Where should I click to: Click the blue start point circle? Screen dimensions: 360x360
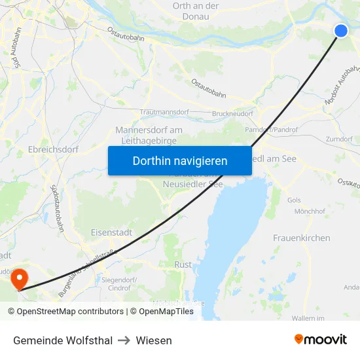(x=341, y=30)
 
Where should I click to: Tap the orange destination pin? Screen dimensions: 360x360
(x=19, y=278)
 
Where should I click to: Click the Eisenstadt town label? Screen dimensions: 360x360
(x=112, y=232)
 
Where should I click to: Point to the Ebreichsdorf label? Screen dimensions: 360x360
(x=54, y=149)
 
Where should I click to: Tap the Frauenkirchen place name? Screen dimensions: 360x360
(x=301, y=238)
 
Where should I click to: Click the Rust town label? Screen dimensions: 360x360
(x=183, y=264)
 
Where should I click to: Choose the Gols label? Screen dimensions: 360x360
(x=294, y=200)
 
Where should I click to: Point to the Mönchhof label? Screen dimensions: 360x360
(x=310, y=211)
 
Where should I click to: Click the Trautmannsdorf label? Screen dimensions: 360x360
(x=164, y=113)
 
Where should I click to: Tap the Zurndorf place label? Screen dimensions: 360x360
(x=339, y=139)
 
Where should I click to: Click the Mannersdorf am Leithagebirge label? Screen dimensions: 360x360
(x=149, y=135)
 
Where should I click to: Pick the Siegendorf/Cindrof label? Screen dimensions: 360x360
(x=120, y=284)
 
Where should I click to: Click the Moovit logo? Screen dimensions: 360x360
(x=320, y=340)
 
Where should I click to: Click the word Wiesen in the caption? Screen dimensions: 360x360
(x=154, y=340)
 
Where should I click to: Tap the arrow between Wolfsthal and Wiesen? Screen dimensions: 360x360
(x=124, y=340)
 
